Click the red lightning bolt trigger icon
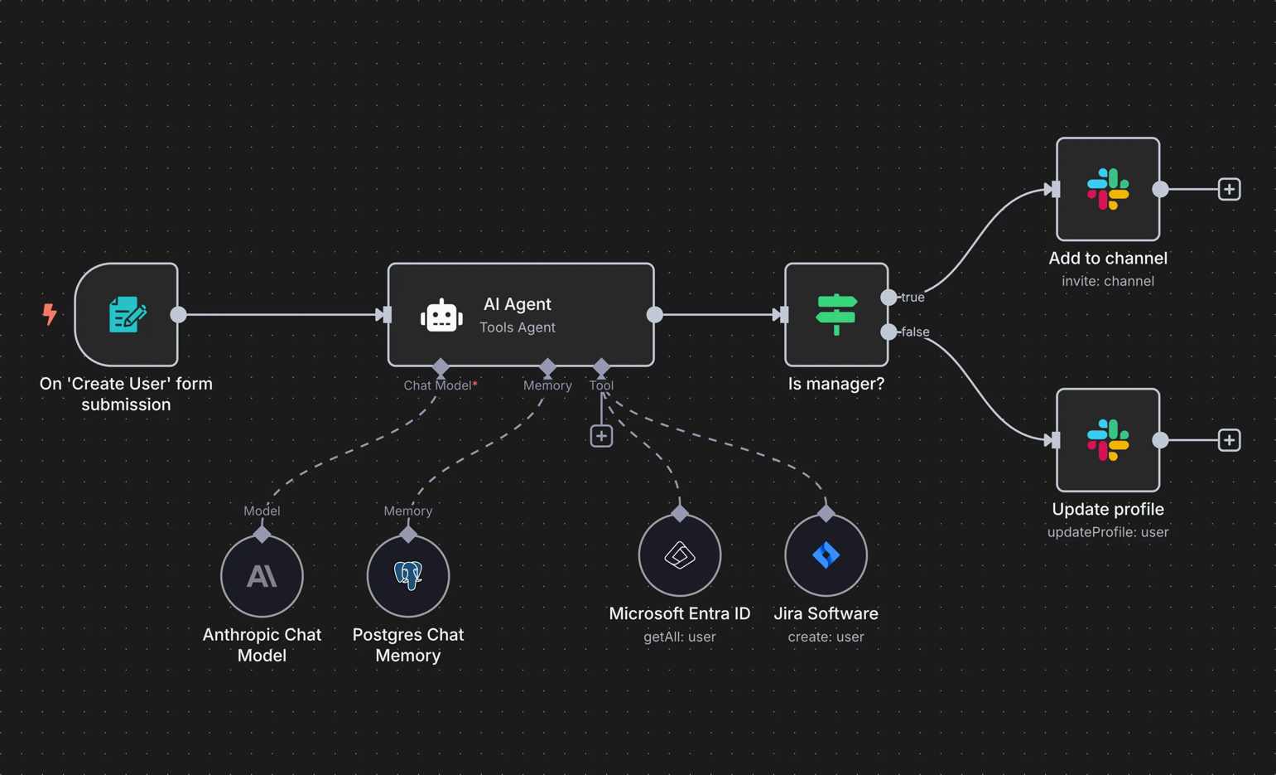pos(50,314)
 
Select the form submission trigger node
pos(127,315)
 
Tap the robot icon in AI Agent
pos(441,316)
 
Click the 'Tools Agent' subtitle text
pos(518,327)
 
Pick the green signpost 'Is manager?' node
pos(836,315)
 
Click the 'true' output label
pos(912,298)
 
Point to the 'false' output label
pos(915,332)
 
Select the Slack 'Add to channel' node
pos(1108,190)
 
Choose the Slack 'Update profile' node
pos(1108,440)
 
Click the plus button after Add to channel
pos(1229,190)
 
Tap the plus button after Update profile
pos(1229,440)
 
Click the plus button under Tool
pos(601,436)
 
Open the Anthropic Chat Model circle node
pos(262,576)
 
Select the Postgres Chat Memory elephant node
pos(408,576)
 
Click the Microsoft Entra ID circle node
pos(680,555)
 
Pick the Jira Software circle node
pos(826,555)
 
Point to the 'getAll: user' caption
pos(680,637)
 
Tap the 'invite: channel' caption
pos(1108,282)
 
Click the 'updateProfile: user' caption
pos(1108,532)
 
